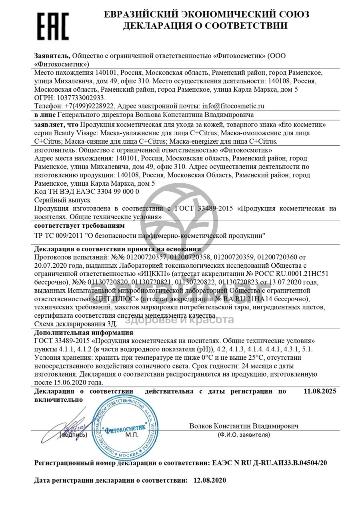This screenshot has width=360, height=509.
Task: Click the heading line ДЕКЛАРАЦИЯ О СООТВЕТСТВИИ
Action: pos(205,26)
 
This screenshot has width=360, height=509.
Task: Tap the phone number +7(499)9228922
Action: pos(87,106)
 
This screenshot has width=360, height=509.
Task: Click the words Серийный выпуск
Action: pos(63,200)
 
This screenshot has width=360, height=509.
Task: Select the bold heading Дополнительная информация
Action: pos(84,333)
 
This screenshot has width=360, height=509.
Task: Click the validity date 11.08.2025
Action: pos(320,391)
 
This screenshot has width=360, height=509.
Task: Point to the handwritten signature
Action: pos(76,421)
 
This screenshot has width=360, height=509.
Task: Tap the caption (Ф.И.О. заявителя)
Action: pos(244,434)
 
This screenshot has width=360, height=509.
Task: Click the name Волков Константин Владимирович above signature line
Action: pos(244,426)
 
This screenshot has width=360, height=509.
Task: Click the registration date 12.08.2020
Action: pos(210,480)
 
